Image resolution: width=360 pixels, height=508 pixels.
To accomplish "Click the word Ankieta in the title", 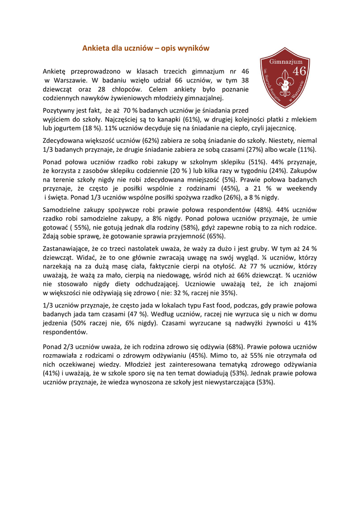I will coord(95,49).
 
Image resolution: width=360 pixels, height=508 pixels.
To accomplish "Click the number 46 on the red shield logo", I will coord(299,71).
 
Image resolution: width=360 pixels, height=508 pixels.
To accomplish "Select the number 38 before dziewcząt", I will coord(244,80).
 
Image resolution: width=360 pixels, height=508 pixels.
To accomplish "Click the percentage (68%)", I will coord(234,347).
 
